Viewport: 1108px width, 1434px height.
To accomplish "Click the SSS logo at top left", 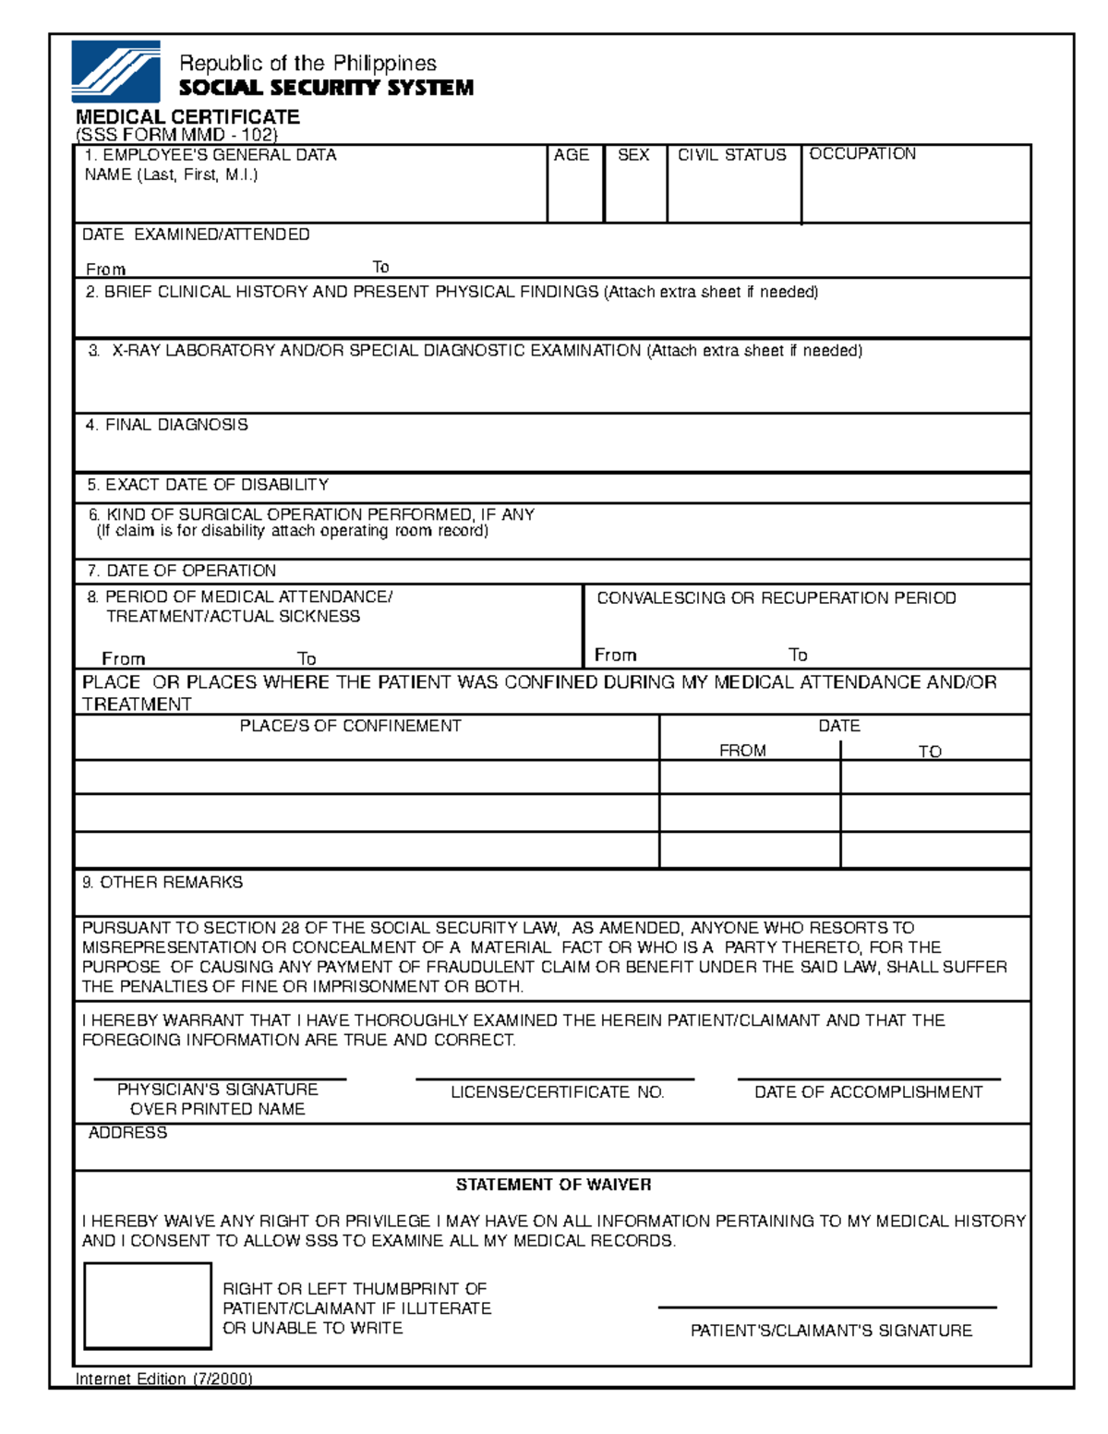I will coord(115,71).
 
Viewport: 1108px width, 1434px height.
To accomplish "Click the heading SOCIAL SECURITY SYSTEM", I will coord(325,88).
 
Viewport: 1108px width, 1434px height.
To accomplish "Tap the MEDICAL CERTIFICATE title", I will coord(187,117).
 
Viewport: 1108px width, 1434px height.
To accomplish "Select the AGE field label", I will coord(571,155).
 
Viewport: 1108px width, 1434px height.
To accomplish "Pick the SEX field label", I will coord(633,155).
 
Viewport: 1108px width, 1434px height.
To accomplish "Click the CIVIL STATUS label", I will coord(732,155).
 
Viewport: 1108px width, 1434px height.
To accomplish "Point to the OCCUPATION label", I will coord(862,154).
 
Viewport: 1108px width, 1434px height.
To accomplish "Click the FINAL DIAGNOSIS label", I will coord(167,425).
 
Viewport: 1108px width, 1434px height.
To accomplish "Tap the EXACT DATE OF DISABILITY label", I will coord(208,485).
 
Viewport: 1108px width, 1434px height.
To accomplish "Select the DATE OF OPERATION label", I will coord(182,571).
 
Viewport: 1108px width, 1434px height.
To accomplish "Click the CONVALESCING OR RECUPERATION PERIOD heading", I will coord(777,598).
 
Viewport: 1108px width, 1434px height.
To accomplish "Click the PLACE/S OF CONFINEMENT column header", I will coord(350,727).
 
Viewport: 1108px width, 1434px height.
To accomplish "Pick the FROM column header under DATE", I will coord(742,751).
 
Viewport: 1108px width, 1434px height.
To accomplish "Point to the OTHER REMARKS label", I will coord(163,883).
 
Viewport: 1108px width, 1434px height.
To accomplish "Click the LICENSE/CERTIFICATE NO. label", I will coord(558,1092).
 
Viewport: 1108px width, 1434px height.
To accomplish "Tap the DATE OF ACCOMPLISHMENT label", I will coord(868,1092).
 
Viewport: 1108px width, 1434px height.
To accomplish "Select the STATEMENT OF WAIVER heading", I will coord(553,1185).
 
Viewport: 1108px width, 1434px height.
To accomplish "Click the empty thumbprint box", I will coord(148,1306).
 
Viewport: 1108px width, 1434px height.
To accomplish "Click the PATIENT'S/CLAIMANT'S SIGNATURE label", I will coord(831,1331).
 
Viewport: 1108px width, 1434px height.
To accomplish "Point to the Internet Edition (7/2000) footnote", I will coord(163,1379).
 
